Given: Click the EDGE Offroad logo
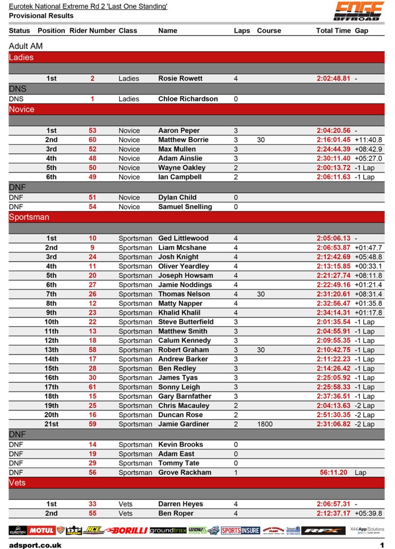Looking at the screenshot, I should pyautogui.click(x=358, y=11).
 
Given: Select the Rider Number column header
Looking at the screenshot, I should pyautogui.click(x=92, y=31).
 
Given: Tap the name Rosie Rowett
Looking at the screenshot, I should pyautogui.click(x=180, y=78).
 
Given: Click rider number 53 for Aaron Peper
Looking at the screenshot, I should pyautogui.click(x=93, y=130).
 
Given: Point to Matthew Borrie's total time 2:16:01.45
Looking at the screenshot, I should pyautogui.click(x=333, y=140).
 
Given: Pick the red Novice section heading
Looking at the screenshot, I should pyautogui.click(x=21, y=109).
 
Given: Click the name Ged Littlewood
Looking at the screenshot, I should pyautogui.click(x=184, y=238).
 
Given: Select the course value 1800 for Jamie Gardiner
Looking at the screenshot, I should pyautogui.click(x=264, y=424).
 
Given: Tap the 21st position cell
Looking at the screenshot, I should pyautogui.click(x=51, y=424).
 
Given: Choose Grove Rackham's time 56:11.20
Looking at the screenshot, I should pyautogui.click(x=333, y=472).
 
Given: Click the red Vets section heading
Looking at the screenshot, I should pyautogui.click(x=17, y=483).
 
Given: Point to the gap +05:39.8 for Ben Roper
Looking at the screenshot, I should pyautogui.click(x=368, y=513).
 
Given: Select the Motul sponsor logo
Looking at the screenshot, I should pyautogui.click(x=42, y=530).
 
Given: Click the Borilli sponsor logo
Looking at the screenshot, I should pyautogui.click(x=126, y=530).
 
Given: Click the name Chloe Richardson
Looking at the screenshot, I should pyautogui.click(x=188, y=99).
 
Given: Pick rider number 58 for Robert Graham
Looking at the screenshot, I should pyautogui.click(x=93, y=350).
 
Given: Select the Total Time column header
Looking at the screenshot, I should pyautogui.click(x=333, y=31).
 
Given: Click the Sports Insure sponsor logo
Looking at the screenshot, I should pyautogui.click(x=240, y=530).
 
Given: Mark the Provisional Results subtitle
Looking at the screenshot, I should pyautogui.click(x=41, y=16).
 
